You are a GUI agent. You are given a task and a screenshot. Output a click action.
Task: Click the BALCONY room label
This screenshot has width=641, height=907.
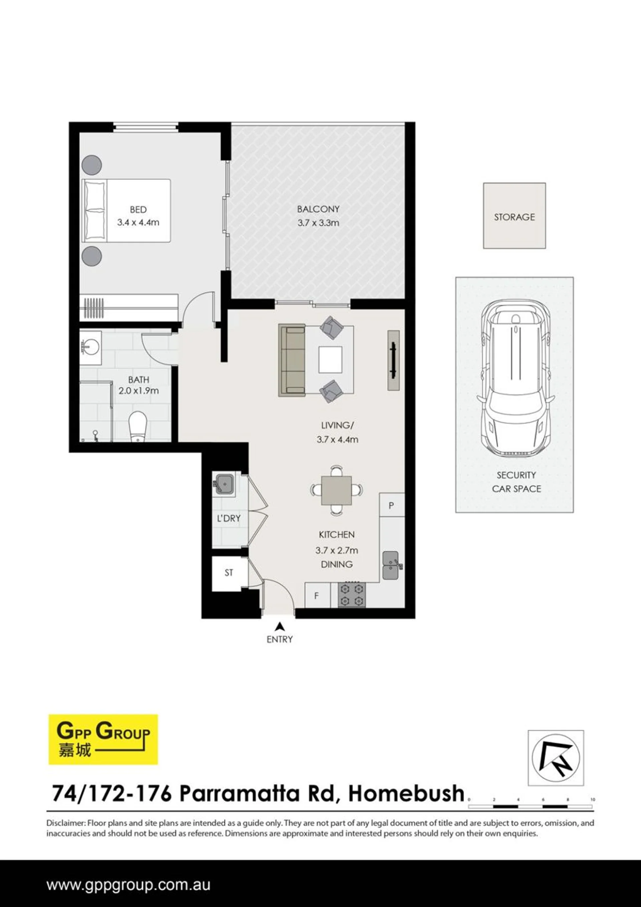click(318, 209)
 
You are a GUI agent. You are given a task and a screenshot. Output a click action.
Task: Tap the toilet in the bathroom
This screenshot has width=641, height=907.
click(138, 427)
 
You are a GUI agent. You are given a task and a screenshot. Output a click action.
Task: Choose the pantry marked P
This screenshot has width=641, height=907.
click(392, 505)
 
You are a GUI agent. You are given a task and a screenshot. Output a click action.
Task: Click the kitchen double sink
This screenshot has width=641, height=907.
click(392, 566)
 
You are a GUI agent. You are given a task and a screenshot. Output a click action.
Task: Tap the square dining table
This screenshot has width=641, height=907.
click(336, 490)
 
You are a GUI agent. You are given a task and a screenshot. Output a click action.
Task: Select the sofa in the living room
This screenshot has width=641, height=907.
click(292, 360)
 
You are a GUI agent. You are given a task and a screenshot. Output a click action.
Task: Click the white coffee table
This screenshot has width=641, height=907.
click(331, 359)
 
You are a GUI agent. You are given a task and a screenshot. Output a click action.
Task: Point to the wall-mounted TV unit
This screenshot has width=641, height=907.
click(394, 360)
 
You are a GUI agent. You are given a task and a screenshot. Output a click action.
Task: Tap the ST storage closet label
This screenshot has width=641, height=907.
click(229, 573)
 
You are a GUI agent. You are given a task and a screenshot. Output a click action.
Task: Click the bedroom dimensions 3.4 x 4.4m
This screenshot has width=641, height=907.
click(138, 223)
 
